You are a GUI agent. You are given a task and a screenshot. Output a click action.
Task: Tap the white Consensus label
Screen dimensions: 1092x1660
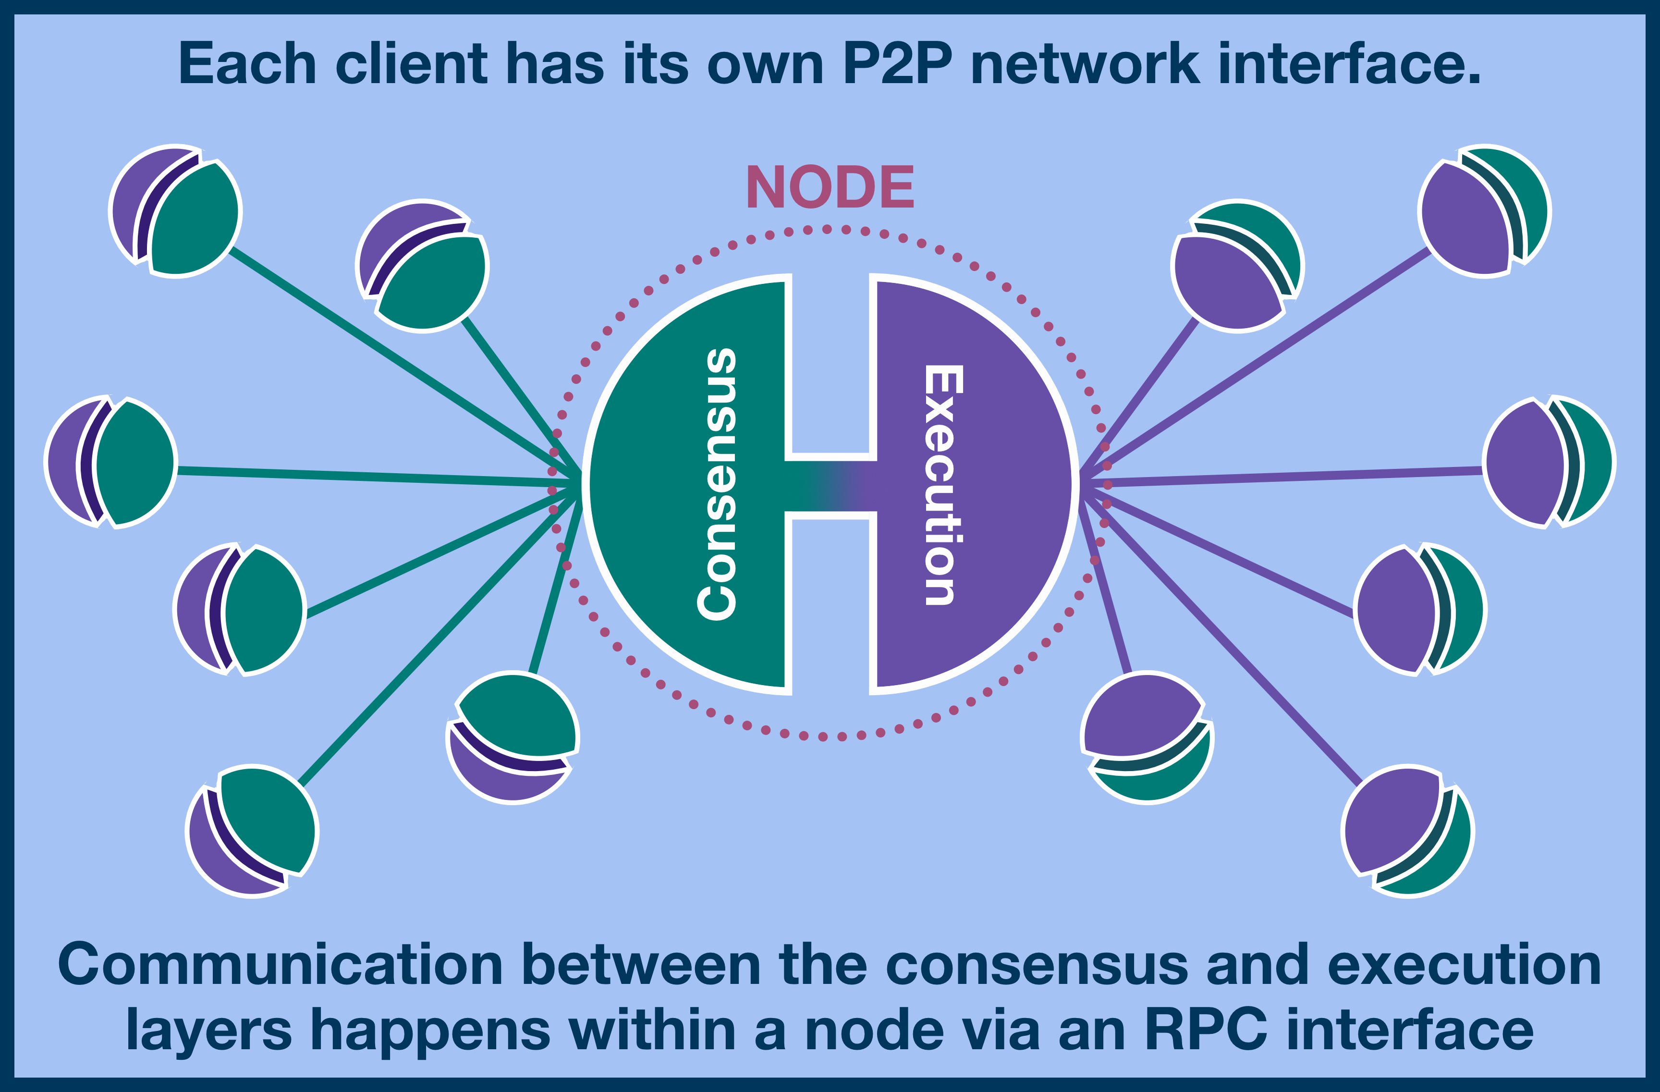coord(717,484)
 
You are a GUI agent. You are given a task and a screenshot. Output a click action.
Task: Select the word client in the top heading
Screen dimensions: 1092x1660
coord(411,64)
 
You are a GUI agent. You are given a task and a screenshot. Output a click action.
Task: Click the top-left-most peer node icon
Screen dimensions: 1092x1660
coord(176,211)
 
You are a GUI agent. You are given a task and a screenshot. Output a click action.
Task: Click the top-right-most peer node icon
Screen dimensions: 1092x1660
coord(1484,211)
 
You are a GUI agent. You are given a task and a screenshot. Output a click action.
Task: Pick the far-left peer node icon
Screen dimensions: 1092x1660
coord(110,462)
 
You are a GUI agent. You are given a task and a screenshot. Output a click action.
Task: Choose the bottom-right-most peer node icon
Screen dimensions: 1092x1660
coord(1407,831)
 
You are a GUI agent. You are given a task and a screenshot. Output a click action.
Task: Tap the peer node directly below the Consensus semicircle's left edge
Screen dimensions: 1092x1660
coord(513,737)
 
